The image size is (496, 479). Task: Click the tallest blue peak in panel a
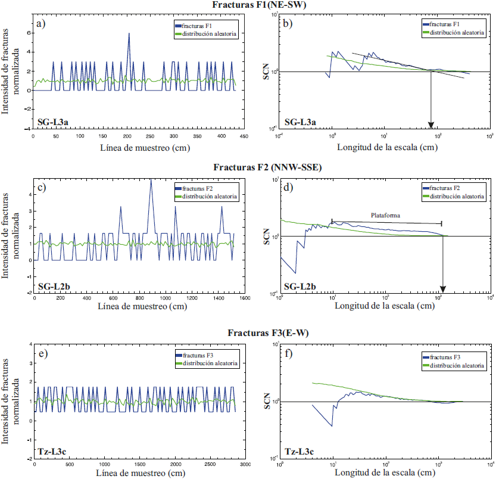pyautogui.click(x=129, y=34)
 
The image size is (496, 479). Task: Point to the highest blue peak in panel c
pyautogui.click(x=151, y=181)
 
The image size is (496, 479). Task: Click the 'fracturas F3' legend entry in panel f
pyautogui.click(x=448, y=356)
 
